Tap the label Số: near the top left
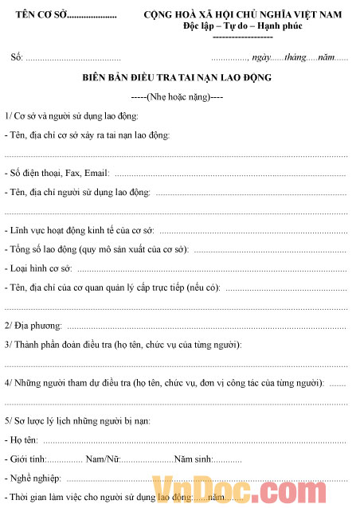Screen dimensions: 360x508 pyautogui.click(x=17, y=57)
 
